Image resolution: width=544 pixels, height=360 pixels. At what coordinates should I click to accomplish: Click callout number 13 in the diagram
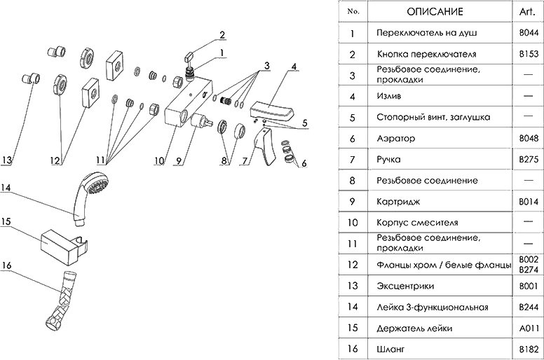6,160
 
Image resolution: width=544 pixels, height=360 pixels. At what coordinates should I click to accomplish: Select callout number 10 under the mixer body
159,160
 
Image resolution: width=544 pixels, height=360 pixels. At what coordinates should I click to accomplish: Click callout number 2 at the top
222,34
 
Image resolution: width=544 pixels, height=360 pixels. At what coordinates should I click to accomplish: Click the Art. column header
526,12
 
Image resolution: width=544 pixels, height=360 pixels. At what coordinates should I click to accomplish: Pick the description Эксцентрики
404,285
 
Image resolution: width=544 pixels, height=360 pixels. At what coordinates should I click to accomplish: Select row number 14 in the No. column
353,307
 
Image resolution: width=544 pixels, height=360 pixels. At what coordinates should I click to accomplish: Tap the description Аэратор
395,139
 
